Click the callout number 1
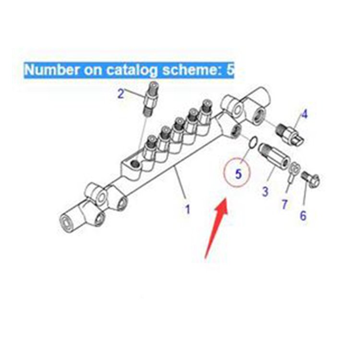point(188,209)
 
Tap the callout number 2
point(121,94)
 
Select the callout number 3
point(265,192)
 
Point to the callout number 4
point(304,114)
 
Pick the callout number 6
point(303,216)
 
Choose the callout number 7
point(285,204)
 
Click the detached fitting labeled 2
point(150,99)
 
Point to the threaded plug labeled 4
point(289,134)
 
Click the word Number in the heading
point(52,69)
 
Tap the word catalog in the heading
point(132,70)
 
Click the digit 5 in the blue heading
point(230,70)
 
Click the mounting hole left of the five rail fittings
point(134,164)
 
